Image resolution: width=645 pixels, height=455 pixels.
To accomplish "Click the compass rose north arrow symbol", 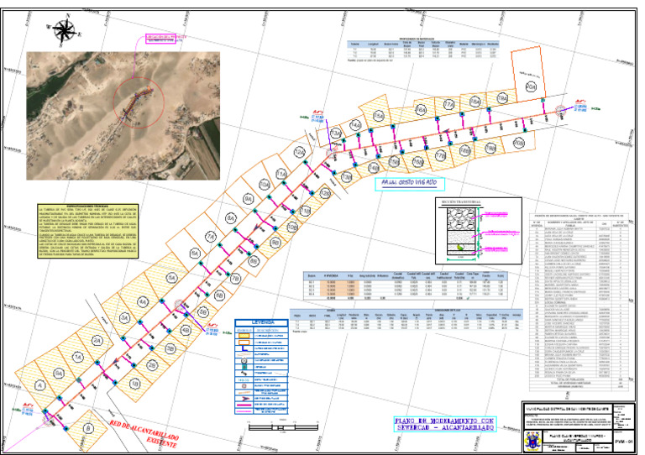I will pos(63,31).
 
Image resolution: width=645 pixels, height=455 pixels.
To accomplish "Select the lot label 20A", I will pos(530,86).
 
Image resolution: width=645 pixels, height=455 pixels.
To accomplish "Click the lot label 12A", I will pos(299,152).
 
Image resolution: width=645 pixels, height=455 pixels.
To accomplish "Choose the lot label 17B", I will pos(439,157).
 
